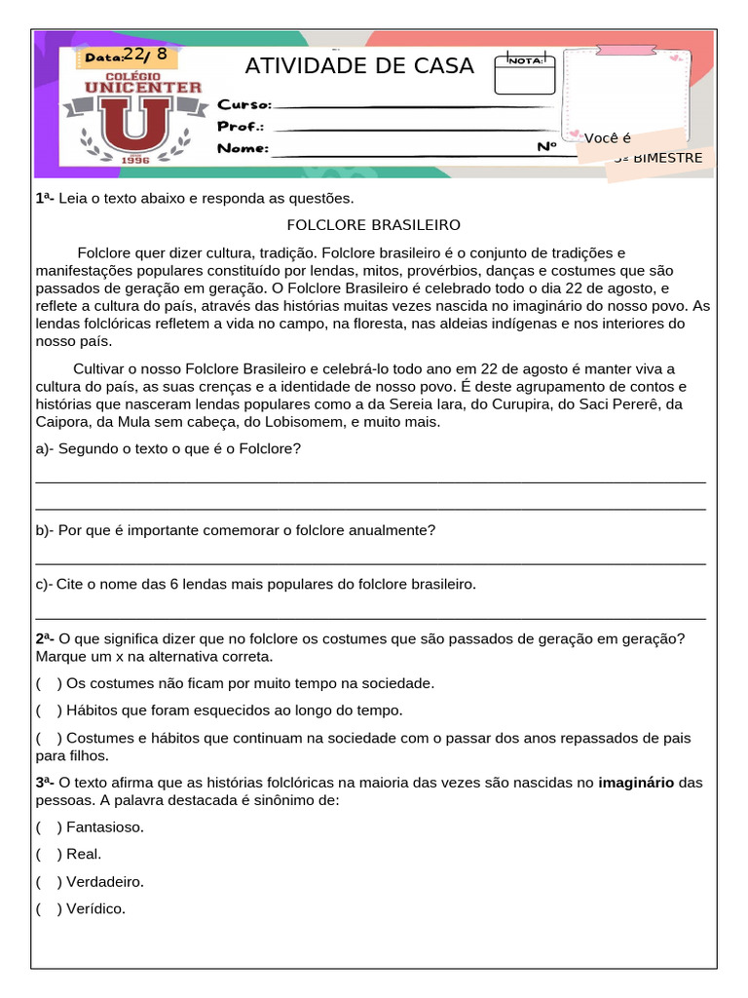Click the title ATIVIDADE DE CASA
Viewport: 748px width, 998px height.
pyautogui.click(x=358, y=66)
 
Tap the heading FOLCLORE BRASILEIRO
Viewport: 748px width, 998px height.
pyautogui.click(x=373, y=225)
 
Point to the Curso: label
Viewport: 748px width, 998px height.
pyautogui.click(x=243, y=104)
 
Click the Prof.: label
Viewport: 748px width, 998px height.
pyautogui.click(x=241, y=127)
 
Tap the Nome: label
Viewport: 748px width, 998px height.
pyautogui.click(x=243, y=149)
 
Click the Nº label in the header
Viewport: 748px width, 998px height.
pyautogui.click(x=546, y=147)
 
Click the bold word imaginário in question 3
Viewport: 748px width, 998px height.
pyautogui.click(x=636, y=783)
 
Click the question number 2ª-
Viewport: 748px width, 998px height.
pyautogui.click(x=46, y=639)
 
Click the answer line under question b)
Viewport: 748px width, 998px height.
pyautogui.click(x=370, y=563)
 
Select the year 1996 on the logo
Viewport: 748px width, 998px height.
pyautogui.click(x=136, y=159)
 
